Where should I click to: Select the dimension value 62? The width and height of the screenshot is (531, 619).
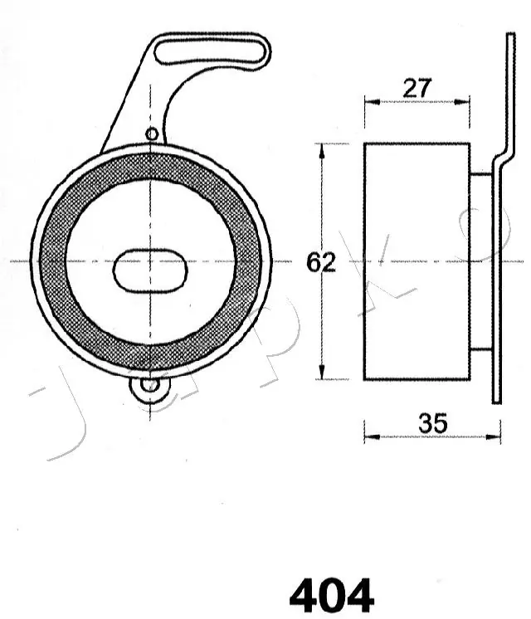pyautogui.click(x=321, y=262)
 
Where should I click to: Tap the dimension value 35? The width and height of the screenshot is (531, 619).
pyautogui.click(x=432, y=423)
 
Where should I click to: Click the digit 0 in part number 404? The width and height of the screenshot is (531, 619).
pyautogui.click(x=331, y=595)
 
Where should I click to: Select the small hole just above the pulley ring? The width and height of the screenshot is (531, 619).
pyautogui.click(x=151, y=134)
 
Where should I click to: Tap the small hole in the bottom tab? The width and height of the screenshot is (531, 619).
pyautogui.click(x=149, y=384)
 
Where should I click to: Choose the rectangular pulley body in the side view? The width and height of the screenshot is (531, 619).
pyautogui.click(x=417, y=261)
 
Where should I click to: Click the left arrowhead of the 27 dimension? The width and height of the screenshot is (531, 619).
pyautogui.click(x=370, y=101)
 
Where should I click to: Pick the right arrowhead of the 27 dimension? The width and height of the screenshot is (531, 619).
pyautogui.click(x=465, y=101)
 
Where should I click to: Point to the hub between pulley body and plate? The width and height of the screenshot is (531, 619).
pyautogui.click(x=480, y=261)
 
